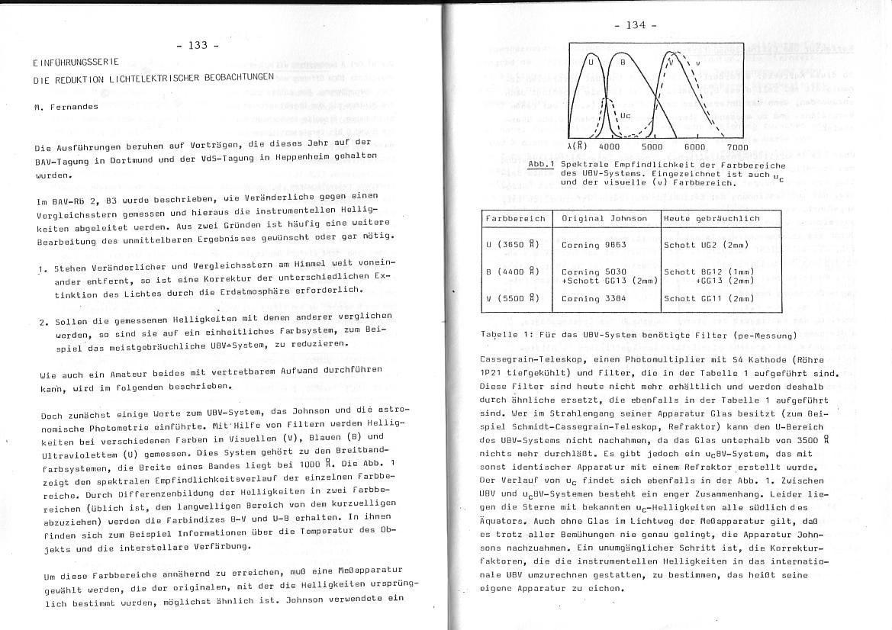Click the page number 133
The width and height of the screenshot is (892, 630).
(198, 45)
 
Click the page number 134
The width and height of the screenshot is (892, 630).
(636, 25)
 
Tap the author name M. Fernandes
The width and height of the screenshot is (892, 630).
(66, 107)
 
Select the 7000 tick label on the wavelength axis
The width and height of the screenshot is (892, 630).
(737, 147)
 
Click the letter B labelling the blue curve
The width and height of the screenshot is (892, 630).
(623, 61)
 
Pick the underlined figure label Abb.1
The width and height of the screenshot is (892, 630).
(541, 164)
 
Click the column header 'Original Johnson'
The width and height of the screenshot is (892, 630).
(604, 218)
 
